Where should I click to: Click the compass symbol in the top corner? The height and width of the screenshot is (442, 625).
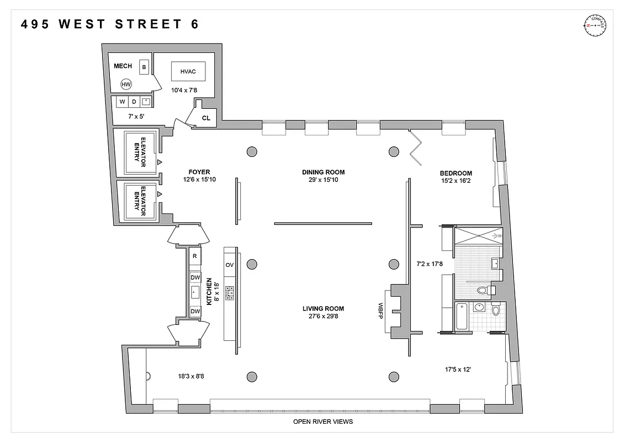tap(595, 25)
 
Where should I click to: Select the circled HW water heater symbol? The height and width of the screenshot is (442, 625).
tap(126, 85)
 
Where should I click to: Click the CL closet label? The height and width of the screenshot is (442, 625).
tap(206, 118)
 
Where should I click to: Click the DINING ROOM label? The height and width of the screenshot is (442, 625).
tap(323, 172)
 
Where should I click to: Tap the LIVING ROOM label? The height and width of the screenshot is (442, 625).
tap(323, 309)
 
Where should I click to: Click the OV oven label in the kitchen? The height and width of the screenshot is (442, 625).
tap(230, 265)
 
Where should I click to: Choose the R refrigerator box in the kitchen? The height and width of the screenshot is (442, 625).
tap(195, 256)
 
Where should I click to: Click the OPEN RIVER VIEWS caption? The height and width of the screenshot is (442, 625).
tap(323, 422)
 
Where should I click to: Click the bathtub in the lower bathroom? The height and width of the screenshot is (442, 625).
tap(462, 317)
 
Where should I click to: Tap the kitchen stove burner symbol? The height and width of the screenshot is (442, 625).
tap(230, 292)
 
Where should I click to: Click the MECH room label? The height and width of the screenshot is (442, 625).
tap(123, 66)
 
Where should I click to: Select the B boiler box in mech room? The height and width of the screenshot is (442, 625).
tap(144, 67)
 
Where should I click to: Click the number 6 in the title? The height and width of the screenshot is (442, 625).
tap(194, 24)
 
